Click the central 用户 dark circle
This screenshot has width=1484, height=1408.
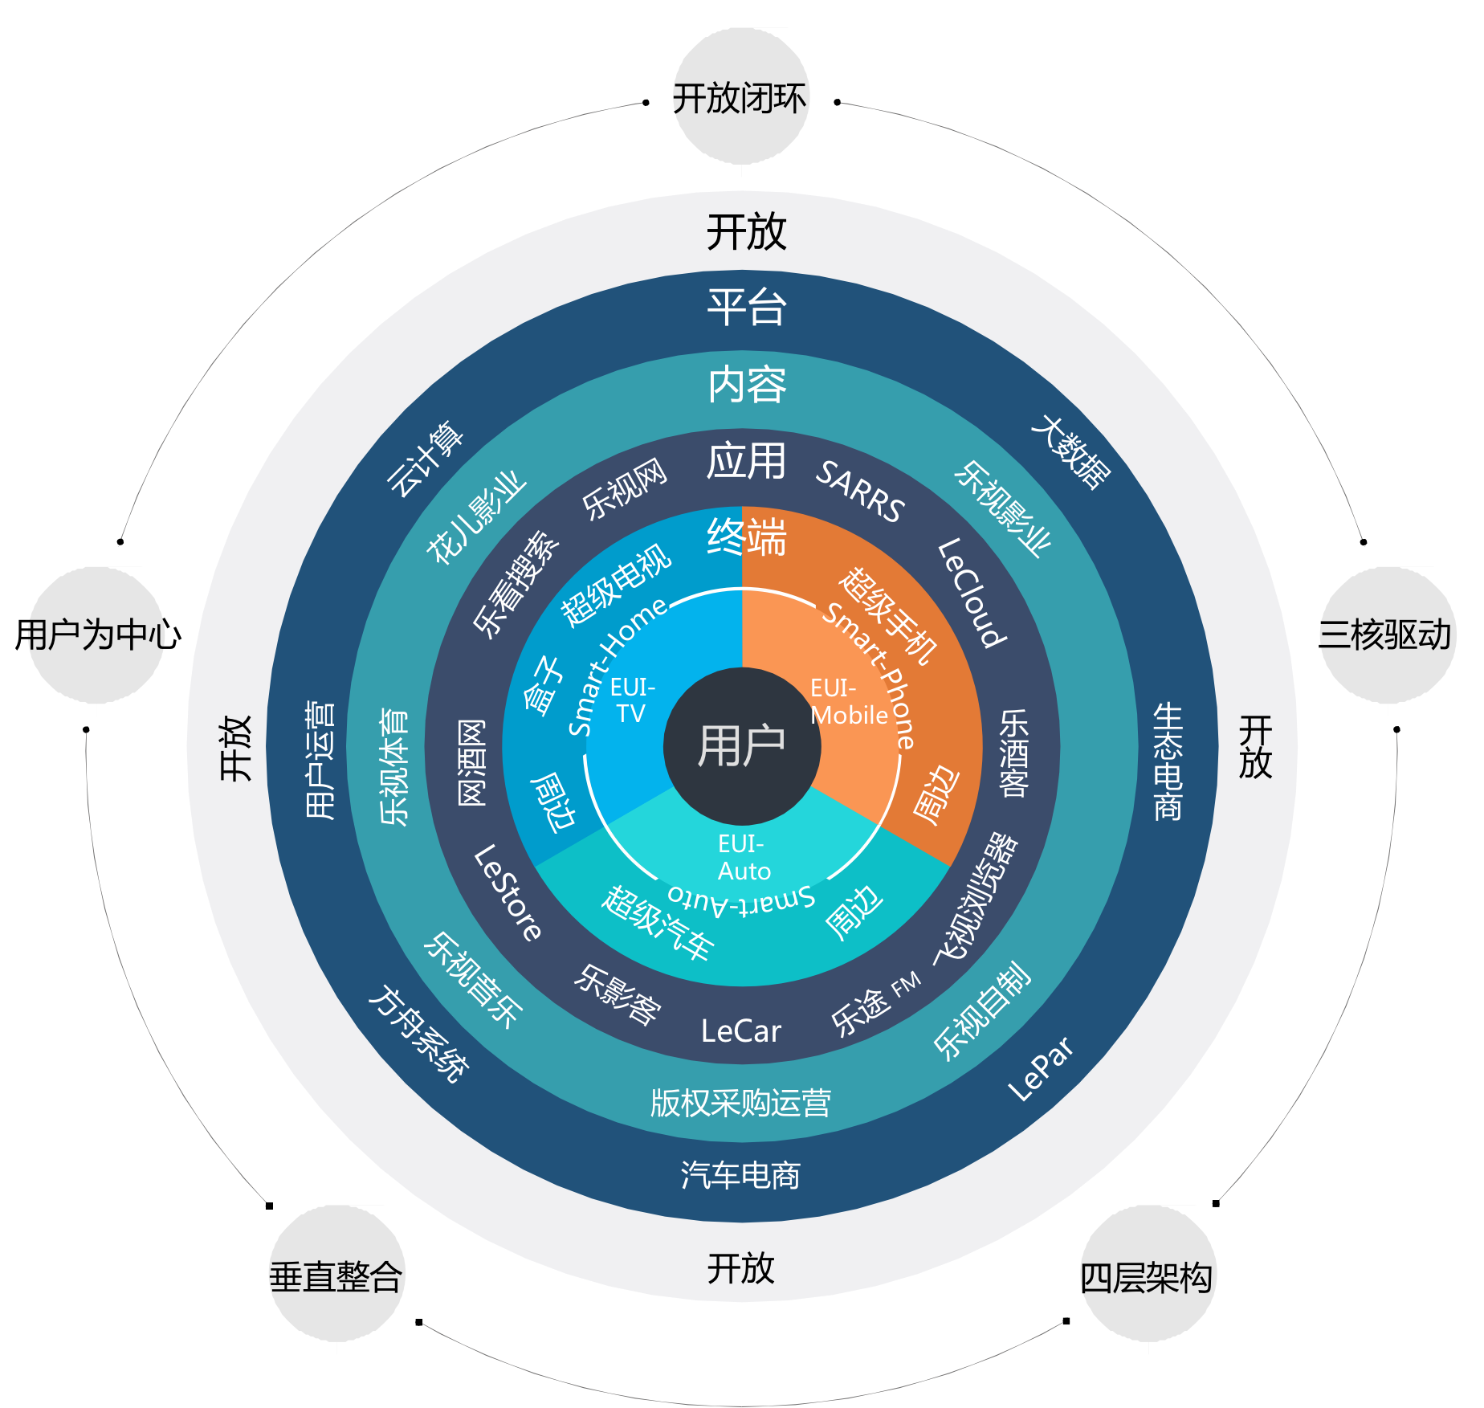click(742, 745)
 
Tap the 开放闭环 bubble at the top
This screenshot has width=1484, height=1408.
click(740, 98)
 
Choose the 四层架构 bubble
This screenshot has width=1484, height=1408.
click(1147, 1276)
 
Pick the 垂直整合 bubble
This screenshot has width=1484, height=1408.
click(336, 1275)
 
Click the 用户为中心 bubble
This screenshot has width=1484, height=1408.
click(98, 635)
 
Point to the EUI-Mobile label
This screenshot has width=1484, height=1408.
click(848, 701)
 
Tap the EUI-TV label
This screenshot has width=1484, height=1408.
click(632, 700)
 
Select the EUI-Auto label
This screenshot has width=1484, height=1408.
click(743, 857)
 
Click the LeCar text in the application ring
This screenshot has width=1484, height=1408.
click(740, 1031)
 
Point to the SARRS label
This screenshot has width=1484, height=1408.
click(860, 492)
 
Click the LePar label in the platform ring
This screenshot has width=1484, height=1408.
click(1042, 1069)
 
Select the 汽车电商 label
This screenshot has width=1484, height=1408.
click(740, 1174)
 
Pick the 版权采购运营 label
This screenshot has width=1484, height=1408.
click(740, 1103)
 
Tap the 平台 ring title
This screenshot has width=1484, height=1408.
click(746, 308)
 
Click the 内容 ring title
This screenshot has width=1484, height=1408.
click(747, 385)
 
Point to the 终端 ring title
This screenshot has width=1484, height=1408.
click(747, 537)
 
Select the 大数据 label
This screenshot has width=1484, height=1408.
click(1071, 451)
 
